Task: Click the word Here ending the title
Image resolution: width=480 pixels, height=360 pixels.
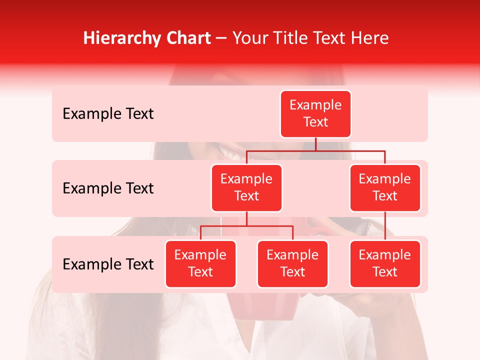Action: coord(370,38)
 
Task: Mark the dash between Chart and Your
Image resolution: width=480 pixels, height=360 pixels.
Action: coord(221,38)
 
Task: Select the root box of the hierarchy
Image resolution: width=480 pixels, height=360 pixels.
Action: coord(315,113)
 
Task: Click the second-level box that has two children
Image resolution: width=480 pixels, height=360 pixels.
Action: coord(246,187)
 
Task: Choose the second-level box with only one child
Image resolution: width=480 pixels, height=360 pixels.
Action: coord(385,187)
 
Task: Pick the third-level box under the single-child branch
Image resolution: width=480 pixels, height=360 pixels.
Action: coord(385,263)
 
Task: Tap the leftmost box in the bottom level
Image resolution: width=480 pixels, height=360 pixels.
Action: coord(200,263)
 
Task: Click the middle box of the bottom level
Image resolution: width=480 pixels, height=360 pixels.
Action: coord(292,263)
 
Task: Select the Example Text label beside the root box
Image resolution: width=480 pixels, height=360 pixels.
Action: coord(108,113)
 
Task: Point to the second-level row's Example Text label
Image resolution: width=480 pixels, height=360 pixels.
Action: coord(108,188)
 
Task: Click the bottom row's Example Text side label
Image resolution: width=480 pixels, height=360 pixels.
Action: coord(108,264)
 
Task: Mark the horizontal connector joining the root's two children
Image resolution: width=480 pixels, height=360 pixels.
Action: coord(350,150)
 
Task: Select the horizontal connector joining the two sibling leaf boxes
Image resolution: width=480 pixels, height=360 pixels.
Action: coord(246,226)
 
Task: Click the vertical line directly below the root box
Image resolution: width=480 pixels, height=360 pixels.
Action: coord(315,144)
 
